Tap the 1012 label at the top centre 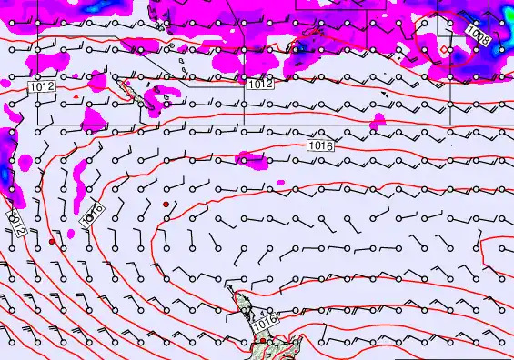pyautogui.click(x=259, y=83)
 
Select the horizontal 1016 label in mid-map pyautogui.click(x=319, y=145)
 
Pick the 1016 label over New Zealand pyautogui.click(x=264, y=321)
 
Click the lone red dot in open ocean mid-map pyautogui.click(x=166, y=205)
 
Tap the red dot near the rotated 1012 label pyautogui.click(x=52, y=243)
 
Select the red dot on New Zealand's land pyautogui.click(x=263, y=341)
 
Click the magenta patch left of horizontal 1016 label pyautogui.click(x=252, y=158)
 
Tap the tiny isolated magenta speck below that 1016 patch pyautogui.click(x=280, y=184)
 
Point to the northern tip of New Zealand pyautogui.click(x=231, y=288)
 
